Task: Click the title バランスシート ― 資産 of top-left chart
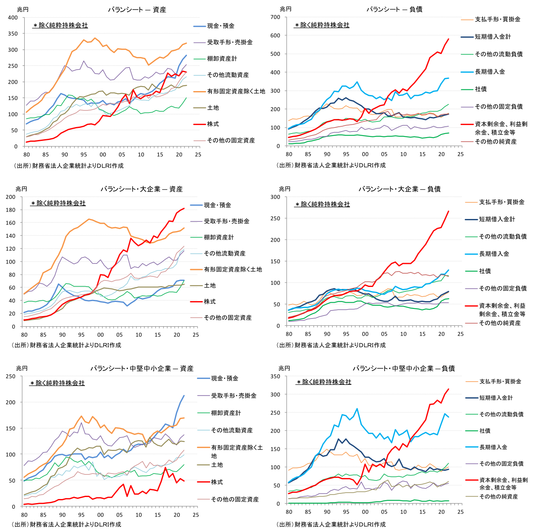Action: point(137,10)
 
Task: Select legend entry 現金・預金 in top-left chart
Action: point(220,26)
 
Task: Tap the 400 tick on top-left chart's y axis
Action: point(13,17)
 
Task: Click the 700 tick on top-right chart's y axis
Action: point(275,17)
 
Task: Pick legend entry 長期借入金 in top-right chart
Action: point(489,72)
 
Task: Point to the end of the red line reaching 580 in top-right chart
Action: point(449,39)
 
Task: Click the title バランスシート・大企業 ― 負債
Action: point(399,189)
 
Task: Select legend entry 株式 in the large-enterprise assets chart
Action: point(210,302)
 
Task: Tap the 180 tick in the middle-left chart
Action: point(11,210)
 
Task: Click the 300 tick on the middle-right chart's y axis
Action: point(275,197)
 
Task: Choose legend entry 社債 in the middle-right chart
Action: point(485,271)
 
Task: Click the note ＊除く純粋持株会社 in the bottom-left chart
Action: point(57,383)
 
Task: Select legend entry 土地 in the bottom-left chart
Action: point(217,465)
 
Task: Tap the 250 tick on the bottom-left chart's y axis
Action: point(11,376)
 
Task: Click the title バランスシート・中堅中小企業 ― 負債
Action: point(404,368)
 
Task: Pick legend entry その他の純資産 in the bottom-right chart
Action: point(498,497)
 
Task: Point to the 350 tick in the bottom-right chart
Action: point(275,376)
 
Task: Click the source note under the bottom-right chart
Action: point(331,525)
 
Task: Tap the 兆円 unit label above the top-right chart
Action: point(285,9)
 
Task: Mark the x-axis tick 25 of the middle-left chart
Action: point(196,335)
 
